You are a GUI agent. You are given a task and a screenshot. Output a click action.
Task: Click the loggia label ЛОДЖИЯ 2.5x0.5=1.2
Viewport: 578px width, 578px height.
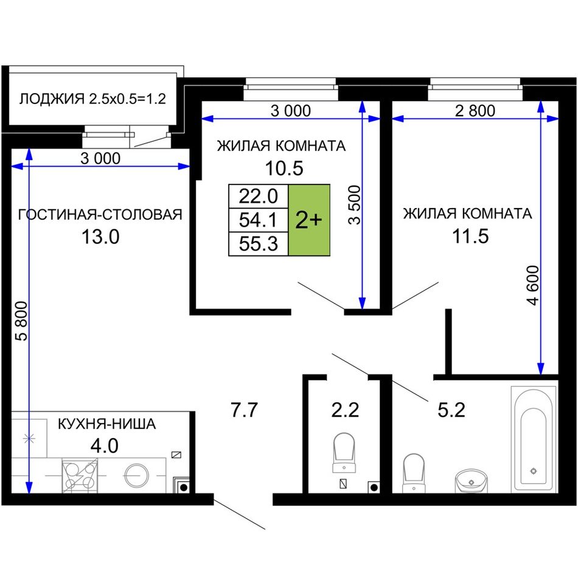tap(92, 99)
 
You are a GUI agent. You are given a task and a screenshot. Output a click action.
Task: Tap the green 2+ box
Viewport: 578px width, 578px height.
tap(309, 220)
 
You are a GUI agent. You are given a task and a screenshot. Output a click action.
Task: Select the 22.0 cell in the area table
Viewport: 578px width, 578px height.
tap(259, 196)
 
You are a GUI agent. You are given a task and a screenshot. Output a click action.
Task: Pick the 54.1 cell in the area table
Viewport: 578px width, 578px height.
tap(259, 220)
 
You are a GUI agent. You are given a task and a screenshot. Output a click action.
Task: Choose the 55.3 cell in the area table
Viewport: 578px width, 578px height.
tap(259, 243)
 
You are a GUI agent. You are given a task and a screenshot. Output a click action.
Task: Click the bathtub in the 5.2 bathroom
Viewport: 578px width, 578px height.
tap(534, 439)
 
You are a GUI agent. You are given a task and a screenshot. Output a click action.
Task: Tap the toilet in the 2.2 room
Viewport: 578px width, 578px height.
tap(344, 452)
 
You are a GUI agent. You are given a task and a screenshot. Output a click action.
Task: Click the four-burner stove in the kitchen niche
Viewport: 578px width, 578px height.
tap(80, 475)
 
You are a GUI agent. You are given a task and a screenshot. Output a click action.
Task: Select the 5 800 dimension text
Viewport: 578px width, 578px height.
tap(22, 321)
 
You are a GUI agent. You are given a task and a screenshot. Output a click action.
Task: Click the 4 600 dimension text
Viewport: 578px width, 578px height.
tap(533, 285)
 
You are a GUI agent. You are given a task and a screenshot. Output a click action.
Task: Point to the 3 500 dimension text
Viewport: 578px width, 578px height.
tap(355, 205)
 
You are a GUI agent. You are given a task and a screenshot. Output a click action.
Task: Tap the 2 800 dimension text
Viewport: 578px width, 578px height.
tap(475, 111)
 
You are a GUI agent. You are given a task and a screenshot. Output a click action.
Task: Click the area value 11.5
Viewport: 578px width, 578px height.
tap(470, 236)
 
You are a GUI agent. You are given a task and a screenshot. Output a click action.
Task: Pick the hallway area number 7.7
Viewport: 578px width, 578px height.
tap(244, 410)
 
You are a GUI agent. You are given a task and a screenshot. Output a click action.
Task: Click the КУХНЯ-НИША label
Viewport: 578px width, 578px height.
tap(107, 424)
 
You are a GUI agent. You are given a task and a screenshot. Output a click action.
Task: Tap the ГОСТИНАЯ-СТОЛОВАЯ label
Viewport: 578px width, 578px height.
tap(100, 215)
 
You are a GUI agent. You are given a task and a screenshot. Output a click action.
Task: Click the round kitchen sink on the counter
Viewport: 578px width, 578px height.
tap(136, 476)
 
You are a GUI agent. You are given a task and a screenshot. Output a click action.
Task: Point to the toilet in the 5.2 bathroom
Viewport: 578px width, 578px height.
tap(414, 473)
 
